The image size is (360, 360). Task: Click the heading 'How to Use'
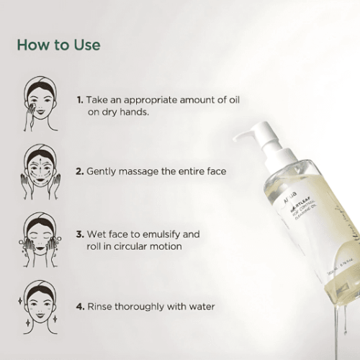[x=58, y=45]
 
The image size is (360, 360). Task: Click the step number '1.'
[x=80, y=100]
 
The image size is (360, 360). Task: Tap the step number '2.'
[x=80, y=172]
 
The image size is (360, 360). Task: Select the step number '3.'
[x=80, y=235]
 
